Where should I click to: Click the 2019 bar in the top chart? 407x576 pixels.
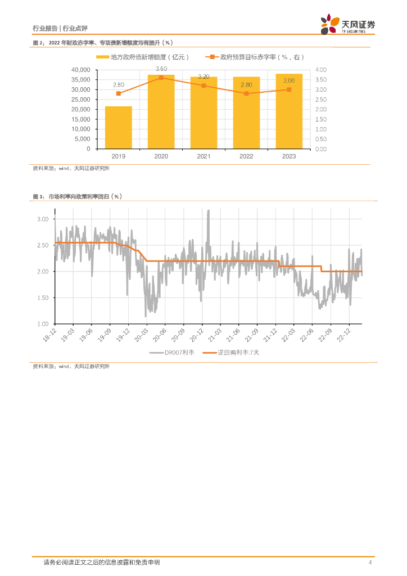point(118,128)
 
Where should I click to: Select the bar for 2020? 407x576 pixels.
point(161,112)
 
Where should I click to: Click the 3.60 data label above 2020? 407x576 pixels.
point(161,69)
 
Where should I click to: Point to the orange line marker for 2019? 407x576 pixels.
point(118,93)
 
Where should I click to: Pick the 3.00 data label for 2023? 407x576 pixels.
point(289,81)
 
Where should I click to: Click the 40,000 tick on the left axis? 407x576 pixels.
point(81,70)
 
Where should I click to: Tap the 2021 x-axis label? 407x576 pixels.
point(203,156)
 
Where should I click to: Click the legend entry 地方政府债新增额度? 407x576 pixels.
point(144,57)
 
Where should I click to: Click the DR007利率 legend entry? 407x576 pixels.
point(171,353)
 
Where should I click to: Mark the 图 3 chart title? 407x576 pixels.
point(78,196)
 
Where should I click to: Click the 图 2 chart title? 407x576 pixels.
point(102,43)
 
